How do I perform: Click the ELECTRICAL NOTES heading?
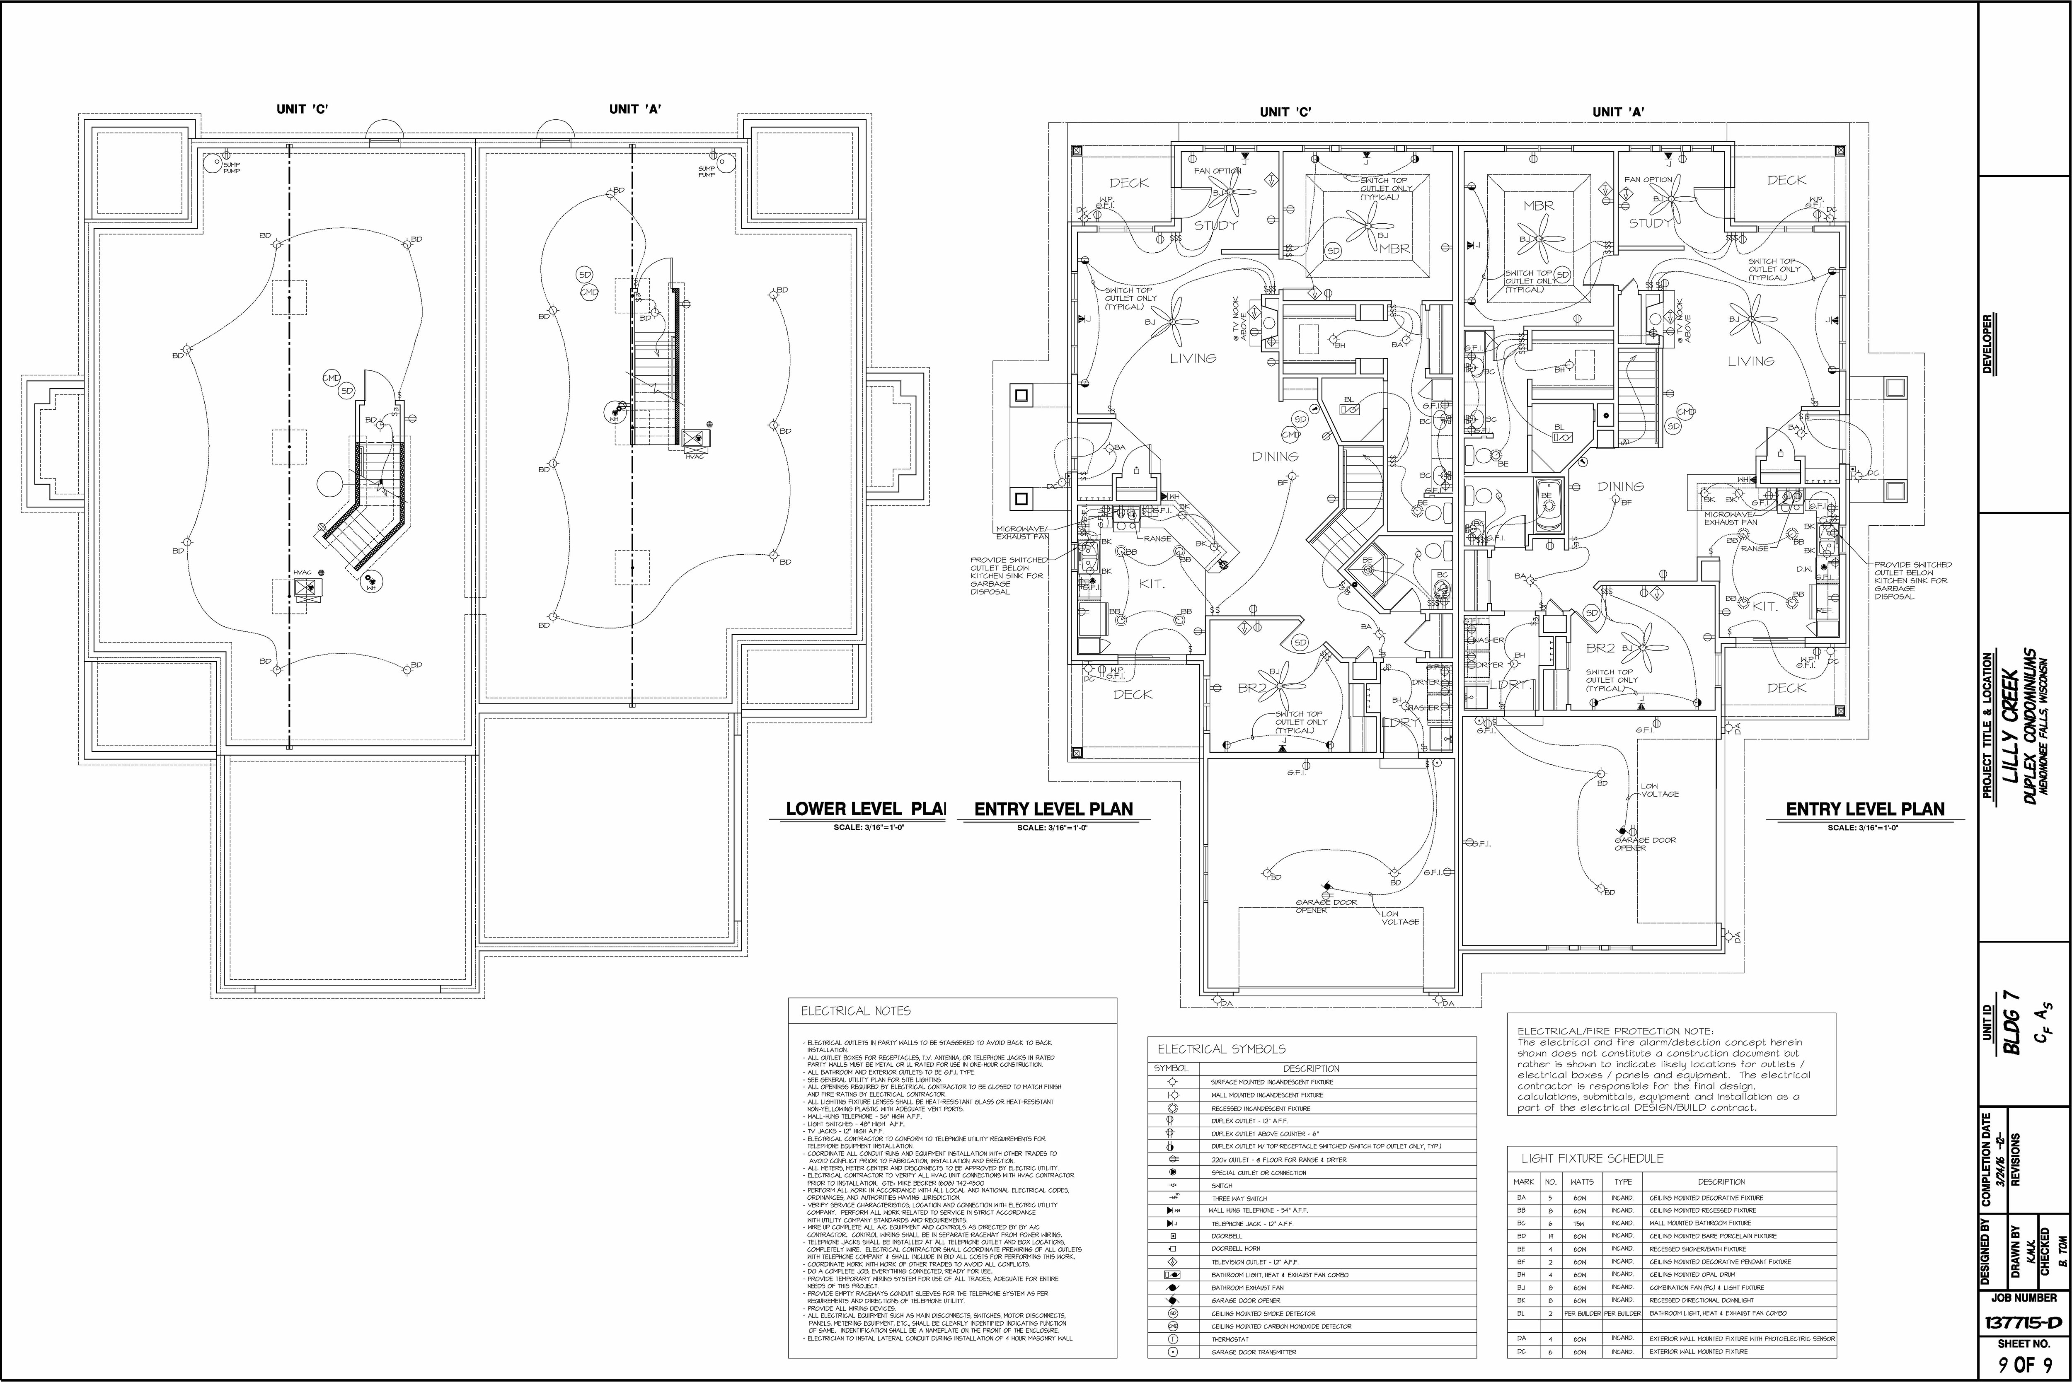coord(855,1011)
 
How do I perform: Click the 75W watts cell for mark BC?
coord(1579,1223)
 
